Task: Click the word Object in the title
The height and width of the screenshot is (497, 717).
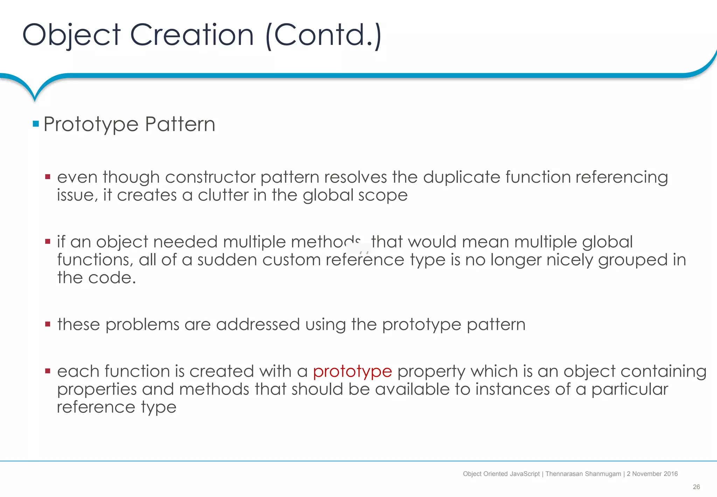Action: [71, 35]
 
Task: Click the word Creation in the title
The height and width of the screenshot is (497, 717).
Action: [192, 35]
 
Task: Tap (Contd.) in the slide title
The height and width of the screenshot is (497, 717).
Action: [323, 35]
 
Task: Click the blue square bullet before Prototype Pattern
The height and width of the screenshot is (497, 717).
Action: [36, 124]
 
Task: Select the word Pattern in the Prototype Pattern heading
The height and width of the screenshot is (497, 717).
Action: [180, 124]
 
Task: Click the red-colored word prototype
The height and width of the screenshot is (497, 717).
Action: [352, 372]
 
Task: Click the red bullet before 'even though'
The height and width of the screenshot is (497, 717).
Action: [48, 177]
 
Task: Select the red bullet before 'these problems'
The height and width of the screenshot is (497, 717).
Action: [48, 324]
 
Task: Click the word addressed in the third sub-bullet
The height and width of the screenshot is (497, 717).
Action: [258, 325]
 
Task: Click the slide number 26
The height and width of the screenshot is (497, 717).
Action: [696, 487]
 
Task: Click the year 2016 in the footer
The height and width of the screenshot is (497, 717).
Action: [670, 474]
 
